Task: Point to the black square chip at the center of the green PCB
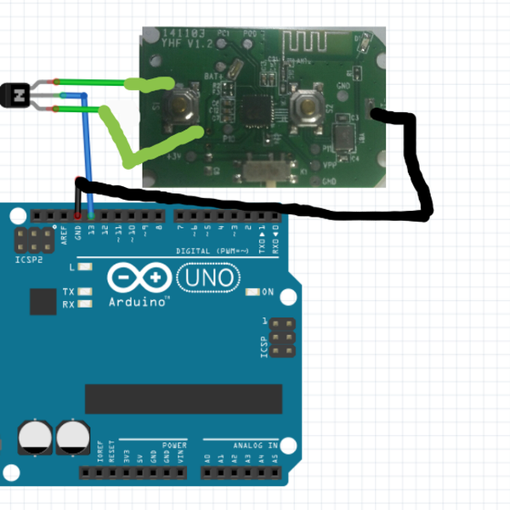pyautogui.click(x=254, y=110)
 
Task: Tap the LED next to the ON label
pyautogui.click(x=252, y=292)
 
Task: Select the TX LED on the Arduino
pyautogui.click(x=83, y=292)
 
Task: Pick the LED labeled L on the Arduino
pyautogui.click(x=83, y=267)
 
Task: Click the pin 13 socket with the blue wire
pyautogui.click(x=91, y=215)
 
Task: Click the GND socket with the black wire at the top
pyautogui.click(x=78, y=215)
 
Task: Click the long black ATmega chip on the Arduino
pyautogui.click(x=183, y=398)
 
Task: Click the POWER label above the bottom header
pyautogui.click(x=174, y=445)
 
